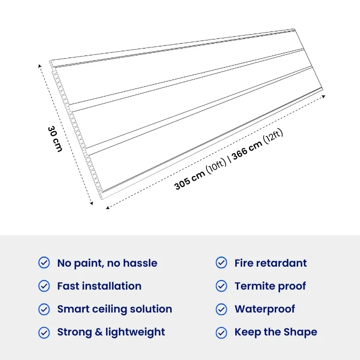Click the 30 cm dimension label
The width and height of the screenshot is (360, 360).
pyautogui.click(x=55, y=139)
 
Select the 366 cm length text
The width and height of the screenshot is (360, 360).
pyautogui.click(x=247, y=150)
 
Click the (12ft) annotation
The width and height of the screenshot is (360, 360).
pyautogui.click(x=273, y=136)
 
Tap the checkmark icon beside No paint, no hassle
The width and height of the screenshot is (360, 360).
pyautogui.click(x=44, y=262)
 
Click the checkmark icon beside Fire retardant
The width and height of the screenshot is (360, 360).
pyautogui.click(x=221, y=262)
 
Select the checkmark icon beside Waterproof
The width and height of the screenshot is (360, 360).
pyautogui.click(x=221, y=309)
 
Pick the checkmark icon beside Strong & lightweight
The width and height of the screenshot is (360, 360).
pyautogui.click(x=44, y=332)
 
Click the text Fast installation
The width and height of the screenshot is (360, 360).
pyautogui.click(x=99, y=286)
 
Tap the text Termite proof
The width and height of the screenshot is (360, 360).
pyautogui.click(x=270, y=286)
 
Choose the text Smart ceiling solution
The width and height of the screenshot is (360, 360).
pyautogui.click(x=115, y=309)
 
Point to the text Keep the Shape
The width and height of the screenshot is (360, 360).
pyautogui.click(x=276, y=332)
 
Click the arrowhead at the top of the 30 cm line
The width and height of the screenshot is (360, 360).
pyautogui.click(x=39, y=66)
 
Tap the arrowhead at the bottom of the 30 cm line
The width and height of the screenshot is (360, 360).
pyautogui.click(x=91, y=203)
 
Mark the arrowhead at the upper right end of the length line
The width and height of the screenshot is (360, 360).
pyautogui.click(x=324, y=97)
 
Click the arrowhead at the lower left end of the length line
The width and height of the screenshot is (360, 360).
pyautogui.click(x=107, y=207)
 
